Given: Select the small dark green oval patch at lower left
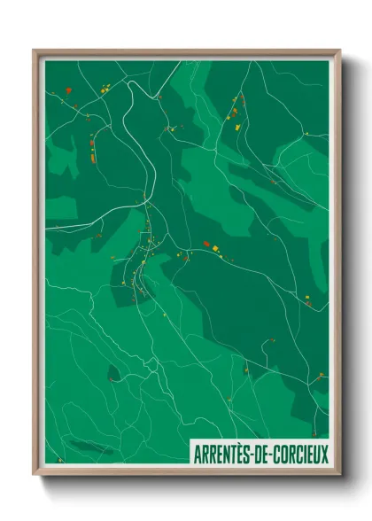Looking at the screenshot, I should [x=113, y=373].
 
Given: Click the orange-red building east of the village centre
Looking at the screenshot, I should [x=206, y=243].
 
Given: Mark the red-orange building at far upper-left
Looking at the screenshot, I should [x=75, y=105].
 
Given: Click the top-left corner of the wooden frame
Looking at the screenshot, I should [x=35, y=51].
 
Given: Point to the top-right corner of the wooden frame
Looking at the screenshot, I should [x=339, y=51].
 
